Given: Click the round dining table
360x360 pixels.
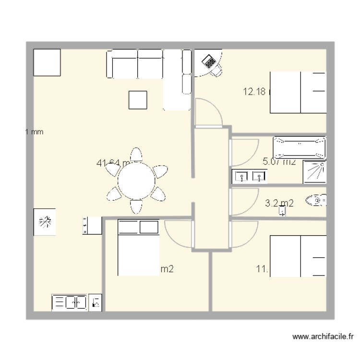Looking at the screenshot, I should point(137,181).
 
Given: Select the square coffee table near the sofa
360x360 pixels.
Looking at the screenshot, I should point(138,100).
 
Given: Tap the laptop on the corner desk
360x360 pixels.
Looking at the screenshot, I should point(209,61).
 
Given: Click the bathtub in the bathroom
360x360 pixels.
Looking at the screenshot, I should point(300,148).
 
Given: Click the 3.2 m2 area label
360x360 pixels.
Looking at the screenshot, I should point(279,204).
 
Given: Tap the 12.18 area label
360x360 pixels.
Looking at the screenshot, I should point(255,92).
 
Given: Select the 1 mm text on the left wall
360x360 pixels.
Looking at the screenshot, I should point(34,132).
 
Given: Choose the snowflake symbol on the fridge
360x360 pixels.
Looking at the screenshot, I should point(44,222).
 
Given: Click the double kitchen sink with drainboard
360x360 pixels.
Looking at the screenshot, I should point(69,302).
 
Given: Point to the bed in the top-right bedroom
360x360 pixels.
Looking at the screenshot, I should point(298,92).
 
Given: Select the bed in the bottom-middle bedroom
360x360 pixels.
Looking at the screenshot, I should point(138,248).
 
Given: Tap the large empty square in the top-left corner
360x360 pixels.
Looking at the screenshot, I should point(47,62).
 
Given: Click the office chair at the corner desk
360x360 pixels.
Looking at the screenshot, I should point(217,71).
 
